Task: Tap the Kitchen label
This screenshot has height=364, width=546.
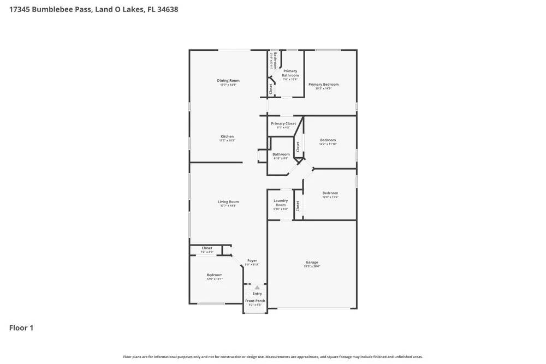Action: (227, 136)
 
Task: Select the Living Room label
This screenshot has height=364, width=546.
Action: (228, 202)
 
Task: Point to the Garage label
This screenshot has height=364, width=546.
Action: (312, 262)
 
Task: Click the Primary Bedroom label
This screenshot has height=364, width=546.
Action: (323, 85)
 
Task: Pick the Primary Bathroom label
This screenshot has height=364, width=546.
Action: (290, 73)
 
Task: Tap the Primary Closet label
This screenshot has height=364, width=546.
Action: (283, 123)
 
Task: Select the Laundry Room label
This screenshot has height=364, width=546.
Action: (281, 202)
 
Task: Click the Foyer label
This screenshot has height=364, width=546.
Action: (252, 261)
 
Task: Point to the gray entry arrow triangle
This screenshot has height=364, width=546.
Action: (257, 287)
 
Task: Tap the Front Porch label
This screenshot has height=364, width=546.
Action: (255, 301)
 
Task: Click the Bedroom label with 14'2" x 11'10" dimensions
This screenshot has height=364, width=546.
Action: (328, 140)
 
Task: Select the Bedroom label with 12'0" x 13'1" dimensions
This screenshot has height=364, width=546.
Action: (215, 275)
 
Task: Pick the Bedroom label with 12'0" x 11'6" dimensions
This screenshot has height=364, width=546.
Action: (330, 193)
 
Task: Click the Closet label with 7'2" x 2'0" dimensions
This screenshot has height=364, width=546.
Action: (207, 248)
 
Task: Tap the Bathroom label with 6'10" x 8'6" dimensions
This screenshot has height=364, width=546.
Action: (281, 154)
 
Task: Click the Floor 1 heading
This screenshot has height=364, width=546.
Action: (21, 328)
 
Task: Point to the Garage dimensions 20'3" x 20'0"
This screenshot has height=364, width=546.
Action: (312, 266)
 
